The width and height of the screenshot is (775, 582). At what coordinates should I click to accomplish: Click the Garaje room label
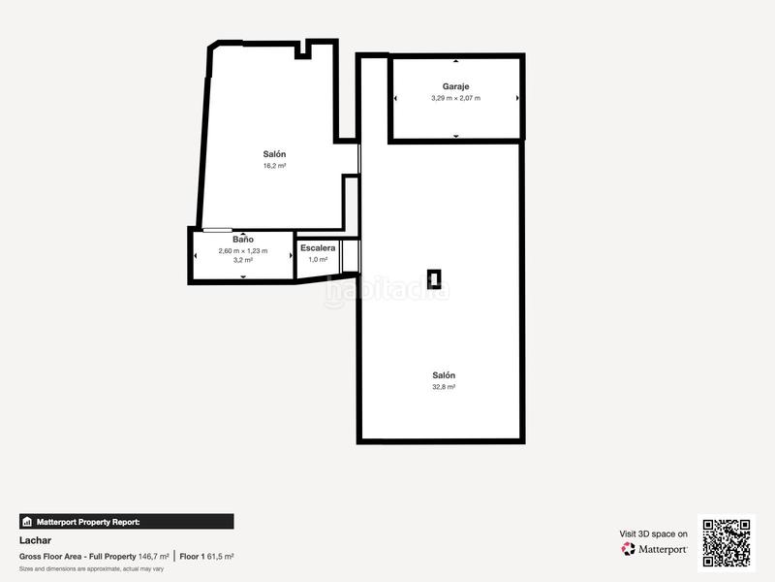click(x=455, y=86)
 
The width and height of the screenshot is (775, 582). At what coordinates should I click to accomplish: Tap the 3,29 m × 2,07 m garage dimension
click(x=455, y=98)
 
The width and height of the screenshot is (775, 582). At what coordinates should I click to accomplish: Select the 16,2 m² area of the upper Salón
click(x=274, y=166)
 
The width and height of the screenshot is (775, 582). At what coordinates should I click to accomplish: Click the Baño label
click(x=243, y=239)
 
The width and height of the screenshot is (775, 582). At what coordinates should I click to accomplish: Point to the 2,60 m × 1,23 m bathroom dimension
click(x=243, y=250)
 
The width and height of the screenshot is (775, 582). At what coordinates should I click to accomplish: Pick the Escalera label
click(x=318, y=248)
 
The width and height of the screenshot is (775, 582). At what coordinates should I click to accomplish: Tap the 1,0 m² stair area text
click(x=318, y=260)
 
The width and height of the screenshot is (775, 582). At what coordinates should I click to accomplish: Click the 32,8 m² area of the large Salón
click(x=444, y=386)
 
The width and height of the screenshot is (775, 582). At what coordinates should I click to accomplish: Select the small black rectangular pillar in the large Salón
click(x=437, y=280)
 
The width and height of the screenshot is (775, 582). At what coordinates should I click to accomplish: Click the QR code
click(x=727, y=541)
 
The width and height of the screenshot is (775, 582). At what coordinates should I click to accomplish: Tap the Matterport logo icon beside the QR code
click(x=629, y=549)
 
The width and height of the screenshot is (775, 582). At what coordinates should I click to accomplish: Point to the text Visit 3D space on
click(x=654, y=533)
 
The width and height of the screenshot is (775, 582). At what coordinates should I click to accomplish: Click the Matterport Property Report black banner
click(x=126, y=521)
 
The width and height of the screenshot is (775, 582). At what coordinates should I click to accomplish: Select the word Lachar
click(x=34, y=539)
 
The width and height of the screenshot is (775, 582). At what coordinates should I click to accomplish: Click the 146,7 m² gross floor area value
click(x=154, y=556)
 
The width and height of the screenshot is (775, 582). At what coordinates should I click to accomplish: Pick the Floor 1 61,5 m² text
click(x=206, y=556)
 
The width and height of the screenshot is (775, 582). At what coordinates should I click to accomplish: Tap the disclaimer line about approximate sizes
click(x=91, y=568)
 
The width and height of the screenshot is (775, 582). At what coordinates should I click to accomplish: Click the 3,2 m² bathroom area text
click(x=243, y=260)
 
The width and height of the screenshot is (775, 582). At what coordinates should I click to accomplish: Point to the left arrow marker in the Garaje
click(x=395, y=98)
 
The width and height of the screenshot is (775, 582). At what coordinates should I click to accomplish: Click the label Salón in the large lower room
click(x=444, y=375)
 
